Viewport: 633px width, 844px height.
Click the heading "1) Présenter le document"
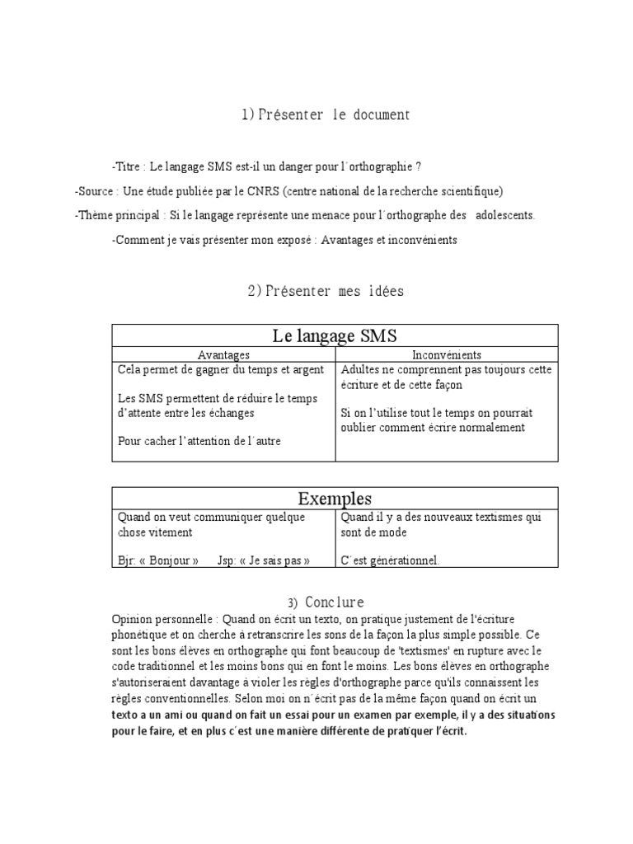pyautogui.click(x=325, y=115)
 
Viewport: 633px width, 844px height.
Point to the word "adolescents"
pyautogui.click(x=499, y=216)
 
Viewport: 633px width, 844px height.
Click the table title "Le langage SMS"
pyautogui.click(x=335, y=335)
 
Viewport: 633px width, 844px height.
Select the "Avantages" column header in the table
pyautogui.click(x=223, y=354)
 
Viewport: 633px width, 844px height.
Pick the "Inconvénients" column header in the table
pyautogui.click(x=446, y=354)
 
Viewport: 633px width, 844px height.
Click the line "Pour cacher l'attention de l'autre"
pyautogui.click(x=199, y=441)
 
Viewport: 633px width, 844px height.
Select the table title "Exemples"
pyautogui.click(x=335, y=499)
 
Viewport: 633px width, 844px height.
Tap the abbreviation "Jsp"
pyautogui.click(x=227, y=560)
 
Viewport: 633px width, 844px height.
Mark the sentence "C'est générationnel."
pyautogui.click(x=390, y=560)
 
